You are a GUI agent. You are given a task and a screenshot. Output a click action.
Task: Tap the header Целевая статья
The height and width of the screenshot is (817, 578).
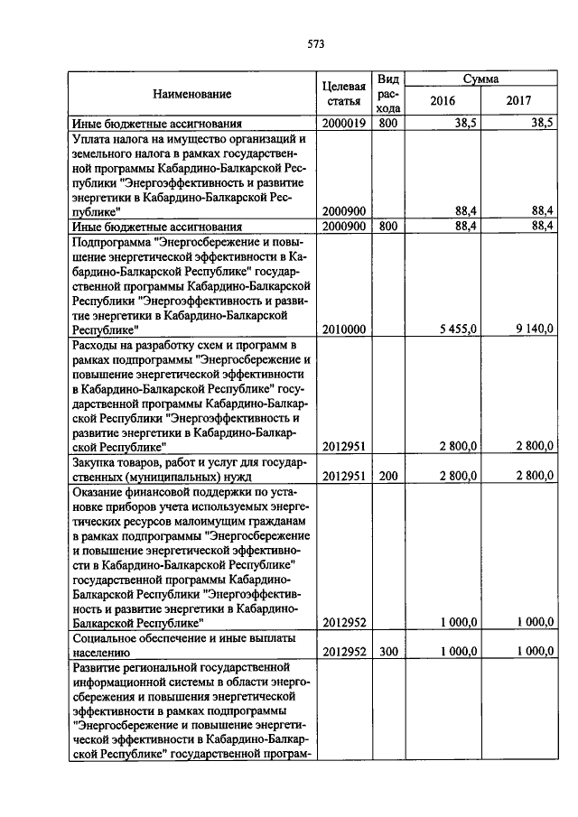tap(343, 93)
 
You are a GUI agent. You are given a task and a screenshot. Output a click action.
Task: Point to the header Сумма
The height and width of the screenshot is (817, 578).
tap(481, 79)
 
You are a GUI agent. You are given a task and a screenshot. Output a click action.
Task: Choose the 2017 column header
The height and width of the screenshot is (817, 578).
tap(519, 100)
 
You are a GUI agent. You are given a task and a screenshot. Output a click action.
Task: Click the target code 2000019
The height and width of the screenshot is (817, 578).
tap(343, 123)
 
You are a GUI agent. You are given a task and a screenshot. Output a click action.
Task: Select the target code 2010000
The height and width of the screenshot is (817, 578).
tap(343, 330)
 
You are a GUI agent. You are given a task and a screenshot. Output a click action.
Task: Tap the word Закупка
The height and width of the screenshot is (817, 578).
tap(96, 462)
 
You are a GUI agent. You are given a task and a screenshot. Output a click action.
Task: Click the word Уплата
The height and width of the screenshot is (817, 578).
tap(92, 139)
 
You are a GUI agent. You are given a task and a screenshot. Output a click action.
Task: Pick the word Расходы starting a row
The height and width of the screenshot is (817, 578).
tap(96, 345)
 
